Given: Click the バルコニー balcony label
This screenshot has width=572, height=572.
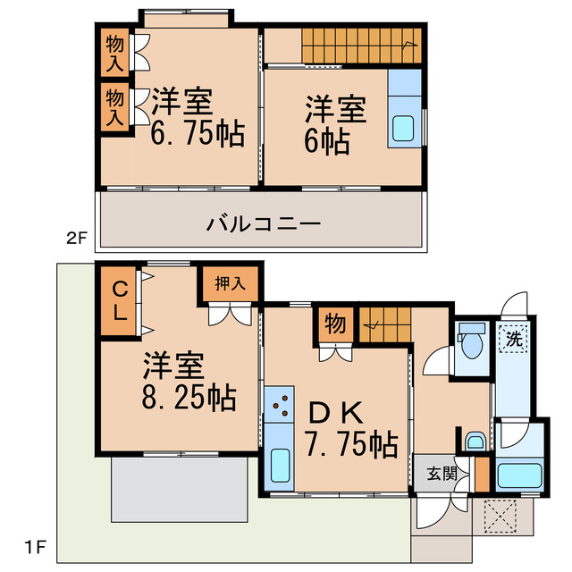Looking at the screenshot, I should (x=263, y=223).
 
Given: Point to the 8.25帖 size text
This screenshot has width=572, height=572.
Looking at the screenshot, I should (x=189, y=397).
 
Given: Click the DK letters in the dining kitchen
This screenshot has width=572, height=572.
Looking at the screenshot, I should (x=334, y=413).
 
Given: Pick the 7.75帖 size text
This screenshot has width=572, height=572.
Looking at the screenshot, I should (x=349, y=444).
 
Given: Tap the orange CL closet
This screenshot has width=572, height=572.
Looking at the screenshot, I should (x=119, y=302).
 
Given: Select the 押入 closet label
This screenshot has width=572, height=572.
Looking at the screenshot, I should (x=230, y=284).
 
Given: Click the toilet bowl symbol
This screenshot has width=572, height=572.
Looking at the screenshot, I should (x=469, y=342).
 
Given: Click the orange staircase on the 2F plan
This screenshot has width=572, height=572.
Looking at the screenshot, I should (x=357, y=43).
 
